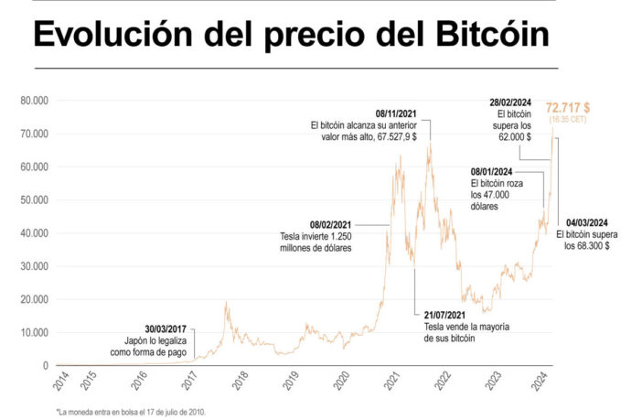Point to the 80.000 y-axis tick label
(34, 101)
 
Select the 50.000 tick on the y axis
(34, 200)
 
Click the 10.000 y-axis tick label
(34, 332)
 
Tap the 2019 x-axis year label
(292, 381)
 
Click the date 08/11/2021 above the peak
(400, 113)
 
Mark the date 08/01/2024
(492, 172)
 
